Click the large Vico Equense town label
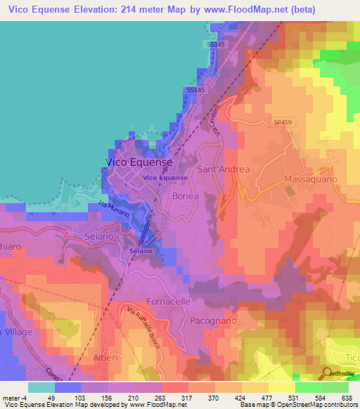(139, 162)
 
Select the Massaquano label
(311, 180)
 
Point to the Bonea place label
(186, 197)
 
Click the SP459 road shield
(283, 122)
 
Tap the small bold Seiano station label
(139, 250)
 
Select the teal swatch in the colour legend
(41, 387)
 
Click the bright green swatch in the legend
(309, 387)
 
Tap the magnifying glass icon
(328, 373)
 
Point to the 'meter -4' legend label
(15, 397)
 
